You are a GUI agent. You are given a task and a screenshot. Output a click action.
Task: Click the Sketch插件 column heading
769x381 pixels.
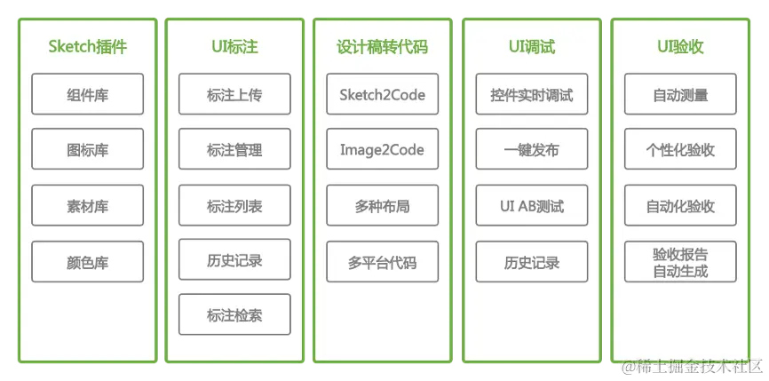87,47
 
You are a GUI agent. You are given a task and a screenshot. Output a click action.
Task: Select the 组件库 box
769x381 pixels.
87,95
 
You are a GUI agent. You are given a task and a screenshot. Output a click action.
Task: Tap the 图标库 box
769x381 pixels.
87,150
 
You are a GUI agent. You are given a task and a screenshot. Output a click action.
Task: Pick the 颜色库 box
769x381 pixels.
87,262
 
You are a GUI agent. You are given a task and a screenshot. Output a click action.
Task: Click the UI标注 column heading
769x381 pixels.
234,47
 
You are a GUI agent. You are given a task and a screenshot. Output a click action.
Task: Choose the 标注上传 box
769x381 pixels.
234,95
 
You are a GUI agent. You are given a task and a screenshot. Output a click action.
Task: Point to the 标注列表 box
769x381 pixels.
234,206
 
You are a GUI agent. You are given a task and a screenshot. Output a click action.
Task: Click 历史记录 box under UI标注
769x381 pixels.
234,261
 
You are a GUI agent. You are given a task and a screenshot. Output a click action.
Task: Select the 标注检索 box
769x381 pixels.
234,314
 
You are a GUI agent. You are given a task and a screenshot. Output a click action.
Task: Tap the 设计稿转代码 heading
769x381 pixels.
382,47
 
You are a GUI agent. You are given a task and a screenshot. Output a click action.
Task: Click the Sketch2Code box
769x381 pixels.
382,95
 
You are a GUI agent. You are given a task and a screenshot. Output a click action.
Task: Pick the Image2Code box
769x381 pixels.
382,150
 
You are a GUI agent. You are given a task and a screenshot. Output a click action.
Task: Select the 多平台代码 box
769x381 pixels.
382,262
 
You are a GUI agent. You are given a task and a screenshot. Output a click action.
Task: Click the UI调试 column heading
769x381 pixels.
531,47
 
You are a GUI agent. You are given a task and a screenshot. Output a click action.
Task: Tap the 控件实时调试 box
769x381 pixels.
531,95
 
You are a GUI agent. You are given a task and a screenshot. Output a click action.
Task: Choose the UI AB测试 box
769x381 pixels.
531,206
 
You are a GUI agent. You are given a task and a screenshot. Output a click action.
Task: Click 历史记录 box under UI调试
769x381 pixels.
531,262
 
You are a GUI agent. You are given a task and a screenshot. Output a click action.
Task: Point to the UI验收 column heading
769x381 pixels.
680,47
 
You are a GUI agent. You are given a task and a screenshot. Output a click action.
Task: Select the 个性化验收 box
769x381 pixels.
680,150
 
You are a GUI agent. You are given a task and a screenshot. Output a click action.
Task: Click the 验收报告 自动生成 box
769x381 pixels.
680,262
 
